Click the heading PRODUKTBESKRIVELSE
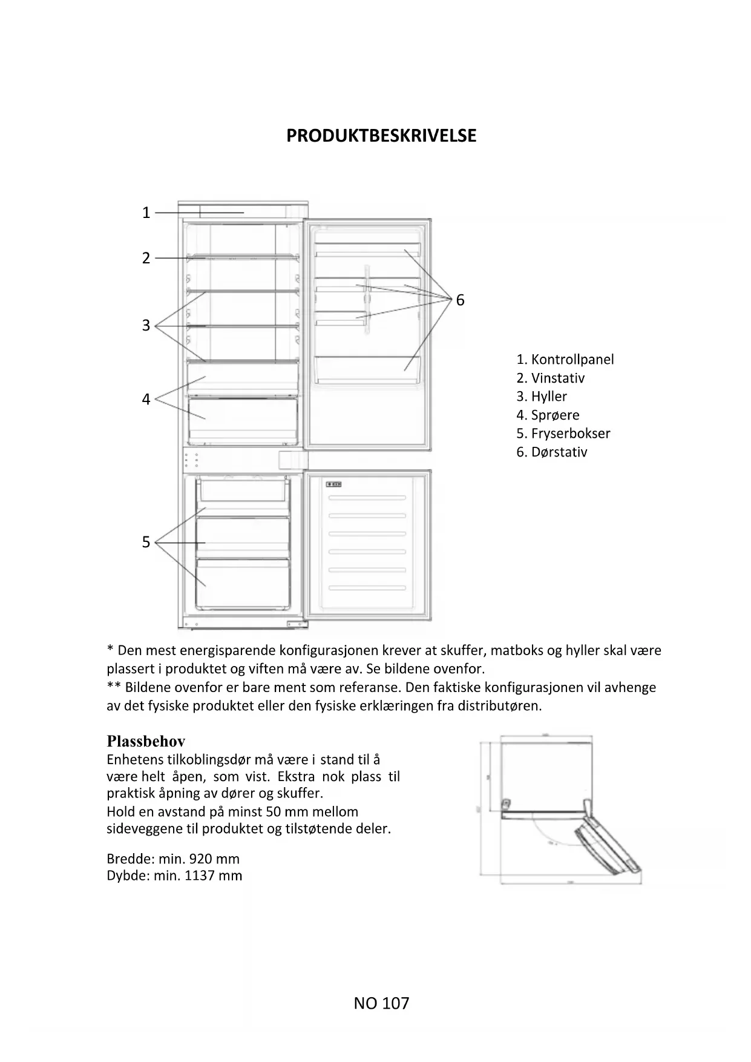click(x=381, y=136)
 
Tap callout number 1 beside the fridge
click(x=146, y=213)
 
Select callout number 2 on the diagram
click(x=146, y=259)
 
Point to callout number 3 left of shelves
click(x=146, y=326)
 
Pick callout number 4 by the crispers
click(x=146, y=400)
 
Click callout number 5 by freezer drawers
click(x=146, y=543)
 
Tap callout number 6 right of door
click(x=460, y=300)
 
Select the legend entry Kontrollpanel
click(x=572, y=360)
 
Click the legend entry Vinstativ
click(x=557, y=378)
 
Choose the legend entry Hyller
click(x=549, y=397)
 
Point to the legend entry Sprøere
click(x=555, y=415)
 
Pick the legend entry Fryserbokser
click(x=570, y=434)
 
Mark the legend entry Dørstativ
click(x=559, y=452)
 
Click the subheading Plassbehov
click(x=146, y=742)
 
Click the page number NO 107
click(x=381, y=1004)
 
